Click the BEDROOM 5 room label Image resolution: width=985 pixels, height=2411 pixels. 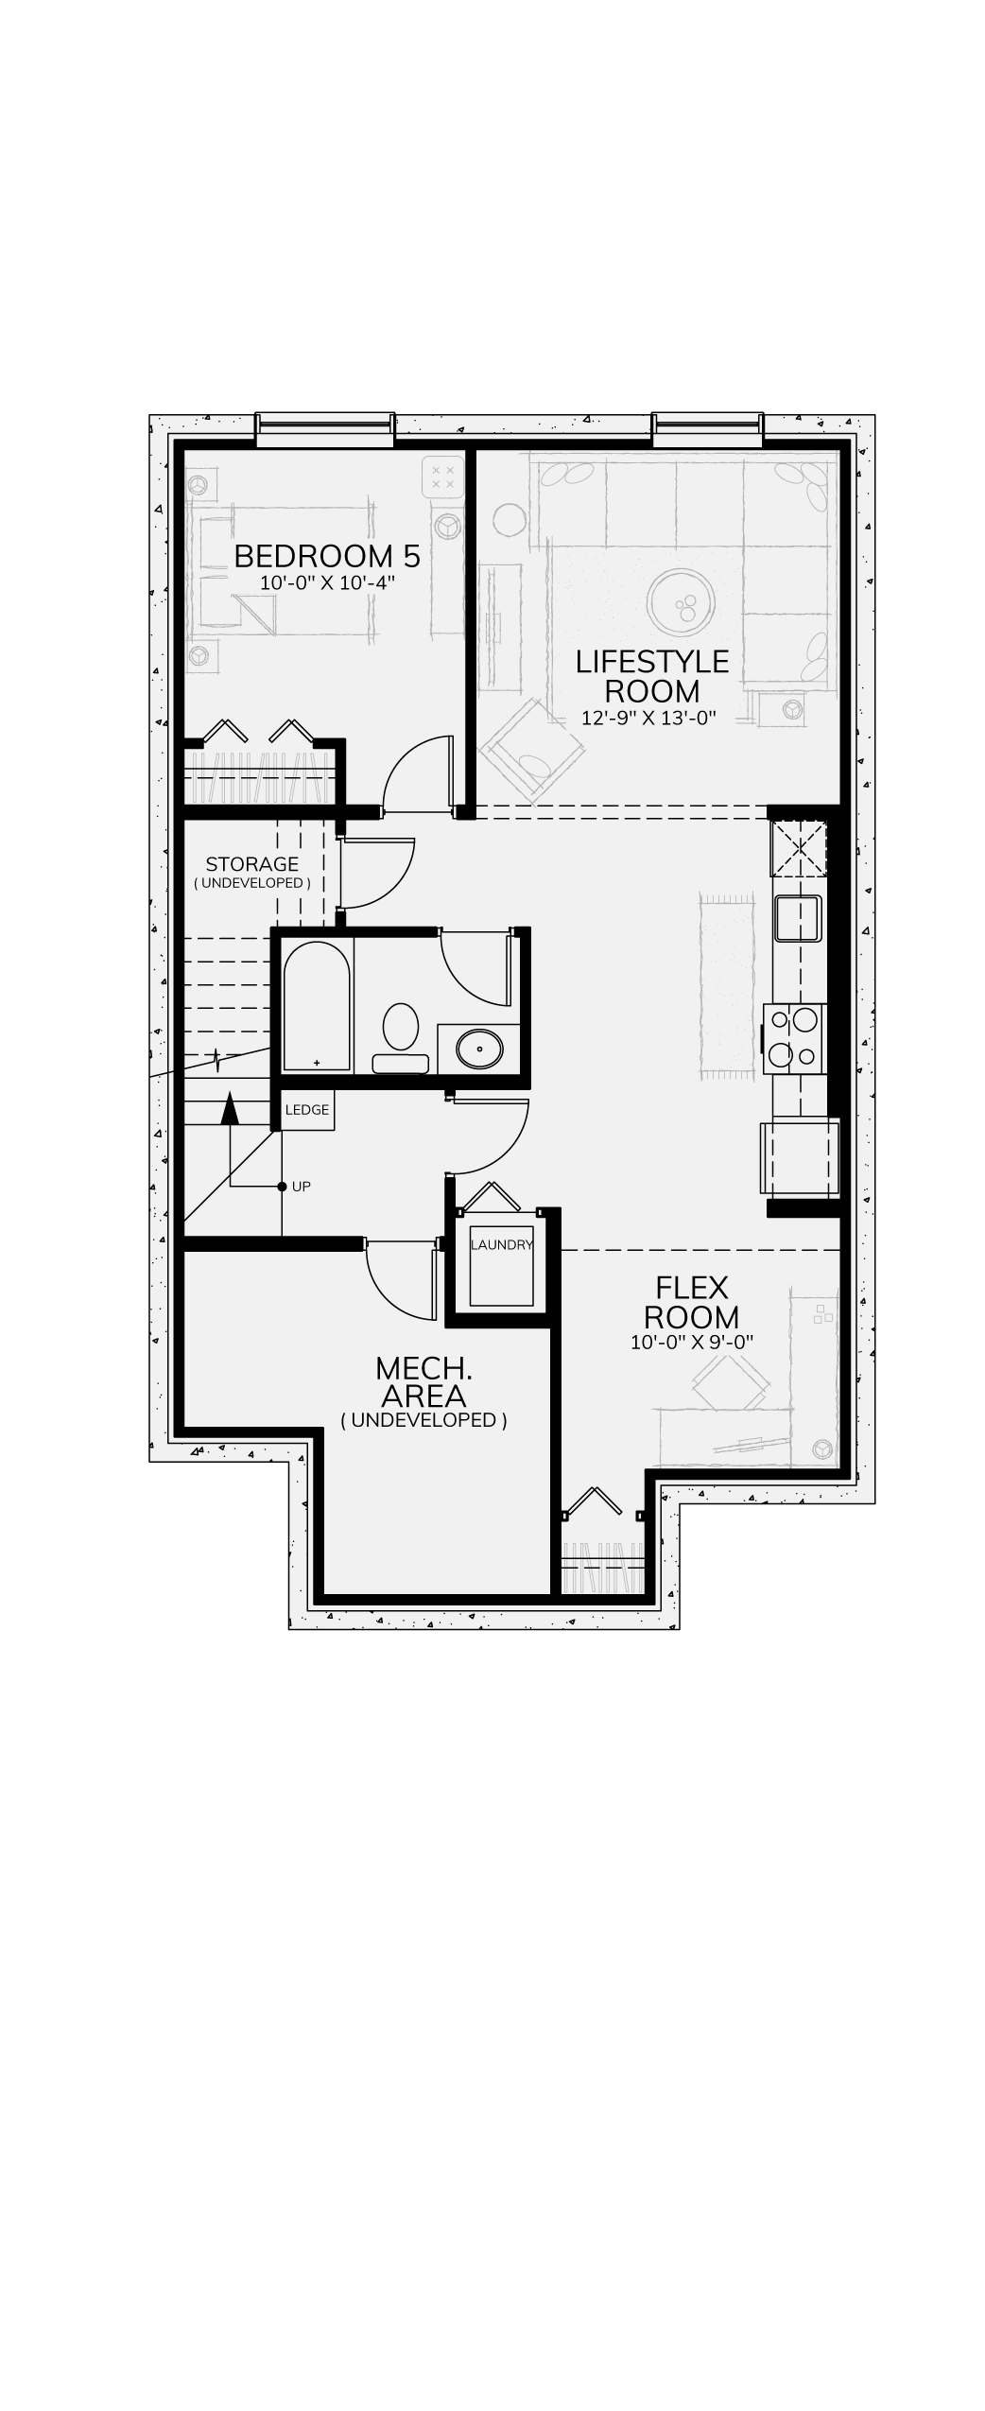point(327,556)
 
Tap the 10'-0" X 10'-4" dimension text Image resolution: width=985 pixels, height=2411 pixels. point(326,582)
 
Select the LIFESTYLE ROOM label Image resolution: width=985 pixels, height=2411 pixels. point(652,676)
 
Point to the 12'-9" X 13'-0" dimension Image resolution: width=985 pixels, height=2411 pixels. point(648,718)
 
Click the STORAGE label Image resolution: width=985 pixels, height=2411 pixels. point(252,864)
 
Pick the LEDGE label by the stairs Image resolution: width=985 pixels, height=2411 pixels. point(307,1110)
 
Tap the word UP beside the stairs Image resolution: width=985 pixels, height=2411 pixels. point(302,1187)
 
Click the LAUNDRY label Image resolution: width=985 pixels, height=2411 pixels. point(502,1245)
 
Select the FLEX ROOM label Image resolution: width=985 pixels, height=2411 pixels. point(692,1302)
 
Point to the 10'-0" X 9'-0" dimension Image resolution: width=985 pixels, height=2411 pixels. point(692,1342)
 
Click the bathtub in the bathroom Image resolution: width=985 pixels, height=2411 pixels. point(317,1006)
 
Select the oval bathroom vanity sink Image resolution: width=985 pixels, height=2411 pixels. point(480,1048)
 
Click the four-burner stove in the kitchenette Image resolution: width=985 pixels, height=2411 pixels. point(795,1037)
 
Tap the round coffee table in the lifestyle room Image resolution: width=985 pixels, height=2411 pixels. point(682,600)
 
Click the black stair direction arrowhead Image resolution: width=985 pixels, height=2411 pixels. point(229,1108)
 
